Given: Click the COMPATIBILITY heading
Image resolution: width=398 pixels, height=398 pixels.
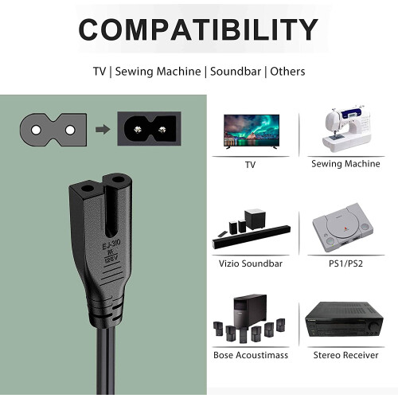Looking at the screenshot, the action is pyautogui.click(x=198, y=29).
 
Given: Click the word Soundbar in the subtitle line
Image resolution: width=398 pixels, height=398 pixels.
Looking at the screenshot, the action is pyautogui.click(x=236, y=72).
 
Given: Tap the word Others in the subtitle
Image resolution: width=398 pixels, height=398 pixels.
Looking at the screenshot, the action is pyautogui.click(x=287, y=72).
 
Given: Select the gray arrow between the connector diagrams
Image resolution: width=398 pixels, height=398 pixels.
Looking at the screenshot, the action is pyautogui.click(x=103, y=130).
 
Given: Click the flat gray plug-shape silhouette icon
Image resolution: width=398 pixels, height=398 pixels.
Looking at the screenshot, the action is pyautogui.click(x=53, y=130).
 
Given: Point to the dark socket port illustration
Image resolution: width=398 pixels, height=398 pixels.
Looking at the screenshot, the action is pyautogui.click(x=150, y=129).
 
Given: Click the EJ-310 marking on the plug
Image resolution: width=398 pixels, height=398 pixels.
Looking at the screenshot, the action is pyautogui.click(x=111, y=244).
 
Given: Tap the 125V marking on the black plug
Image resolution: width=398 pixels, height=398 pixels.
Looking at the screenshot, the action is pyautogui.click(x=111, y=259).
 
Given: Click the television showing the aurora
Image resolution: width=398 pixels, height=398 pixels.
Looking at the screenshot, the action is pyautogui.click(x=252, y=131).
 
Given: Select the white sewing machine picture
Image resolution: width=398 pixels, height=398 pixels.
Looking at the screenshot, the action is pyautogui.click(x=346, y=129).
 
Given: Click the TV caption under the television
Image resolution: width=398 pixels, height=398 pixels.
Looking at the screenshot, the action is pyautogui.click(x=250, y=165).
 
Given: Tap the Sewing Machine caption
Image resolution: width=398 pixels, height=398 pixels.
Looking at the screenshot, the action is pyautogui.click(x=345, y=164).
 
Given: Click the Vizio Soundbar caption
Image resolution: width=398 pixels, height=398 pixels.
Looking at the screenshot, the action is pyautogui.click(x=251, y=263).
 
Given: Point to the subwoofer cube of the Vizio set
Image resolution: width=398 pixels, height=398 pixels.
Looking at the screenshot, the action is pyautogui.click(x=255, y=219).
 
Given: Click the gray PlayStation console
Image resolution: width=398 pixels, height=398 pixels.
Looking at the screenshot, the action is pyautogui.click(x=343, y=228).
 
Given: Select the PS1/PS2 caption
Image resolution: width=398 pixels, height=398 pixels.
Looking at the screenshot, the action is pyautogui.click(x=345, y=263).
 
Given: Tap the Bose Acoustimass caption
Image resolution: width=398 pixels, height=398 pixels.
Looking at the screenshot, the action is pyautogui.click(x=251, y=355).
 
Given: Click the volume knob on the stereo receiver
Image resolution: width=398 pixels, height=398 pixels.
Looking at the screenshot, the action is pyautogui.click(x=374, y=326).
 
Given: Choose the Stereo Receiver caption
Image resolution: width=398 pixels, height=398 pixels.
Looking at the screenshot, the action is pyautogui.click(x=345, y=355).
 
